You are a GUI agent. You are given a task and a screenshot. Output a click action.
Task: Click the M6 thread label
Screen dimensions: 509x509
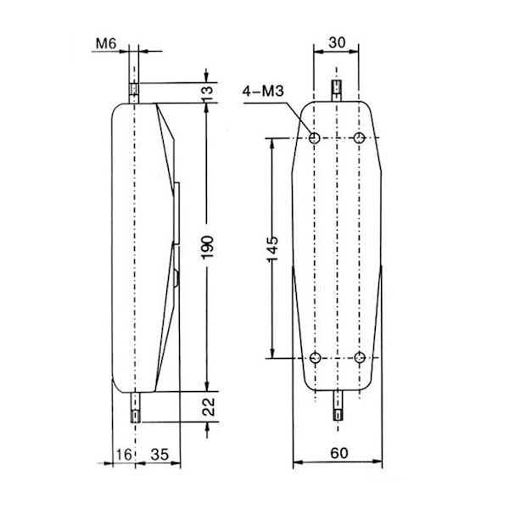(x=106, y=43)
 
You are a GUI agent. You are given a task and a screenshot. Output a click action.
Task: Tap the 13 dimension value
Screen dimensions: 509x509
(x=207, y=92)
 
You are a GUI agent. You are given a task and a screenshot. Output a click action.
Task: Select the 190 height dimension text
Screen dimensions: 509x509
(x=207, y=248)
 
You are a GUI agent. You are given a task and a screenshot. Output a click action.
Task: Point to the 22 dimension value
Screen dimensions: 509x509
(x=208, y=406)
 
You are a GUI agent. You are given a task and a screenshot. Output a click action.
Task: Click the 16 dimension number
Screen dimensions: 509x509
(x=124, y=455)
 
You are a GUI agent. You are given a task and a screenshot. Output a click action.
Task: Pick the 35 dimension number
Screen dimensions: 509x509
(x=159, y=455)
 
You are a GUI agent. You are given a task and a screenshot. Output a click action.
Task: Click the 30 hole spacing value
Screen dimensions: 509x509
(x=337, y=42)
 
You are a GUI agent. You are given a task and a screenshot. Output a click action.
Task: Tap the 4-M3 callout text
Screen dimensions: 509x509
(x=263, y=92)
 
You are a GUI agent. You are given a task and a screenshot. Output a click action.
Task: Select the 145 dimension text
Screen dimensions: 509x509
(x=272, y=249)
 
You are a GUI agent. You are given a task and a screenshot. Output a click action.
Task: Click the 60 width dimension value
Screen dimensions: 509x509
(x=338, y=453)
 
